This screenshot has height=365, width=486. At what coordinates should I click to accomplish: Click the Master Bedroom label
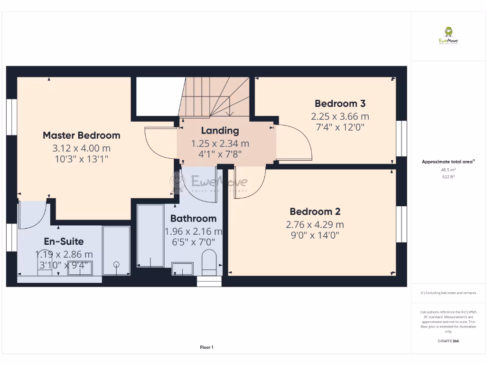tap(81, 135)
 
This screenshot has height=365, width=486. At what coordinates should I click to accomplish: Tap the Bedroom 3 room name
tap(340, 104)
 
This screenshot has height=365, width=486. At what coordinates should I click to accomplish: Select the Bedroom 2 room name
tap(315, 212)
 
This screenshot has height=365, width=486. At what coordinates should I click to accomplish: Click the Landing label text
tap(220, 131)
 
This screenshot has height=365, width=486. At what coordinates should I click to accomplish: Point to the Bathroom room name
tap(193, 219)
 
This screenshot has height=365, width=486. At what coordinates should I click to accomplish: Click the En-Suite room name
tap(64, 241)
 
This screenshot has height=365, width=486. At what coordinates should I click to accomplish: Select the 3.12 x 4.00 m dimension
tap(81, 148)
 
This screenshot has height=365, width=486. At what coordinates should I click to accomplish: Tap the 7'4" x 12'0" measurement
tap(340, 127)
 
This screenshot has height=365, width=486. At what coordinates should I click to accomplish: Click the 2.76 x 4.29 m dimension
tap(315, 225)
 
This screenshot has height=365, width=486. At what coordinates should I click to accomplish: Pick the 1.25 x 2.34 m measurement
tap(220, 143)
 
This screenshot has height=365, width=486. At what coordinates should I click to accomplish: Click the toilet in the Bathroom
tap(209, 263)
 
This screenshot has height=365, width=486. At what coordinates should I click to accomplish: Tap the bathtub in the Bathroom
tap(150, 235)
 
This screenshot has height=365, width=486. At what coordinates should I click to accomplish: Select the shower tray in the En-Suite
tap(116, 250)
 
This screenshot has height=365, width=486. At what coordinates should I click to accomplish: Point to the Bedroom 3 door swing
tap(294, 143)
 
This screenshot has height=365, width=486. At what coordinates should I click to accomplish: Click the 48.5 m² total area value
tap(448, 169)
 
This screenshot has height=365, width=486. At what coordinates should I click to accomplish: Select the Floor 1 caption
tap(206, 347)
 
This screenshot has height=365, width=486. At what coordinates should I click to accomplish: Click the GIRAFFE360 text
tap(448, 341)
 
